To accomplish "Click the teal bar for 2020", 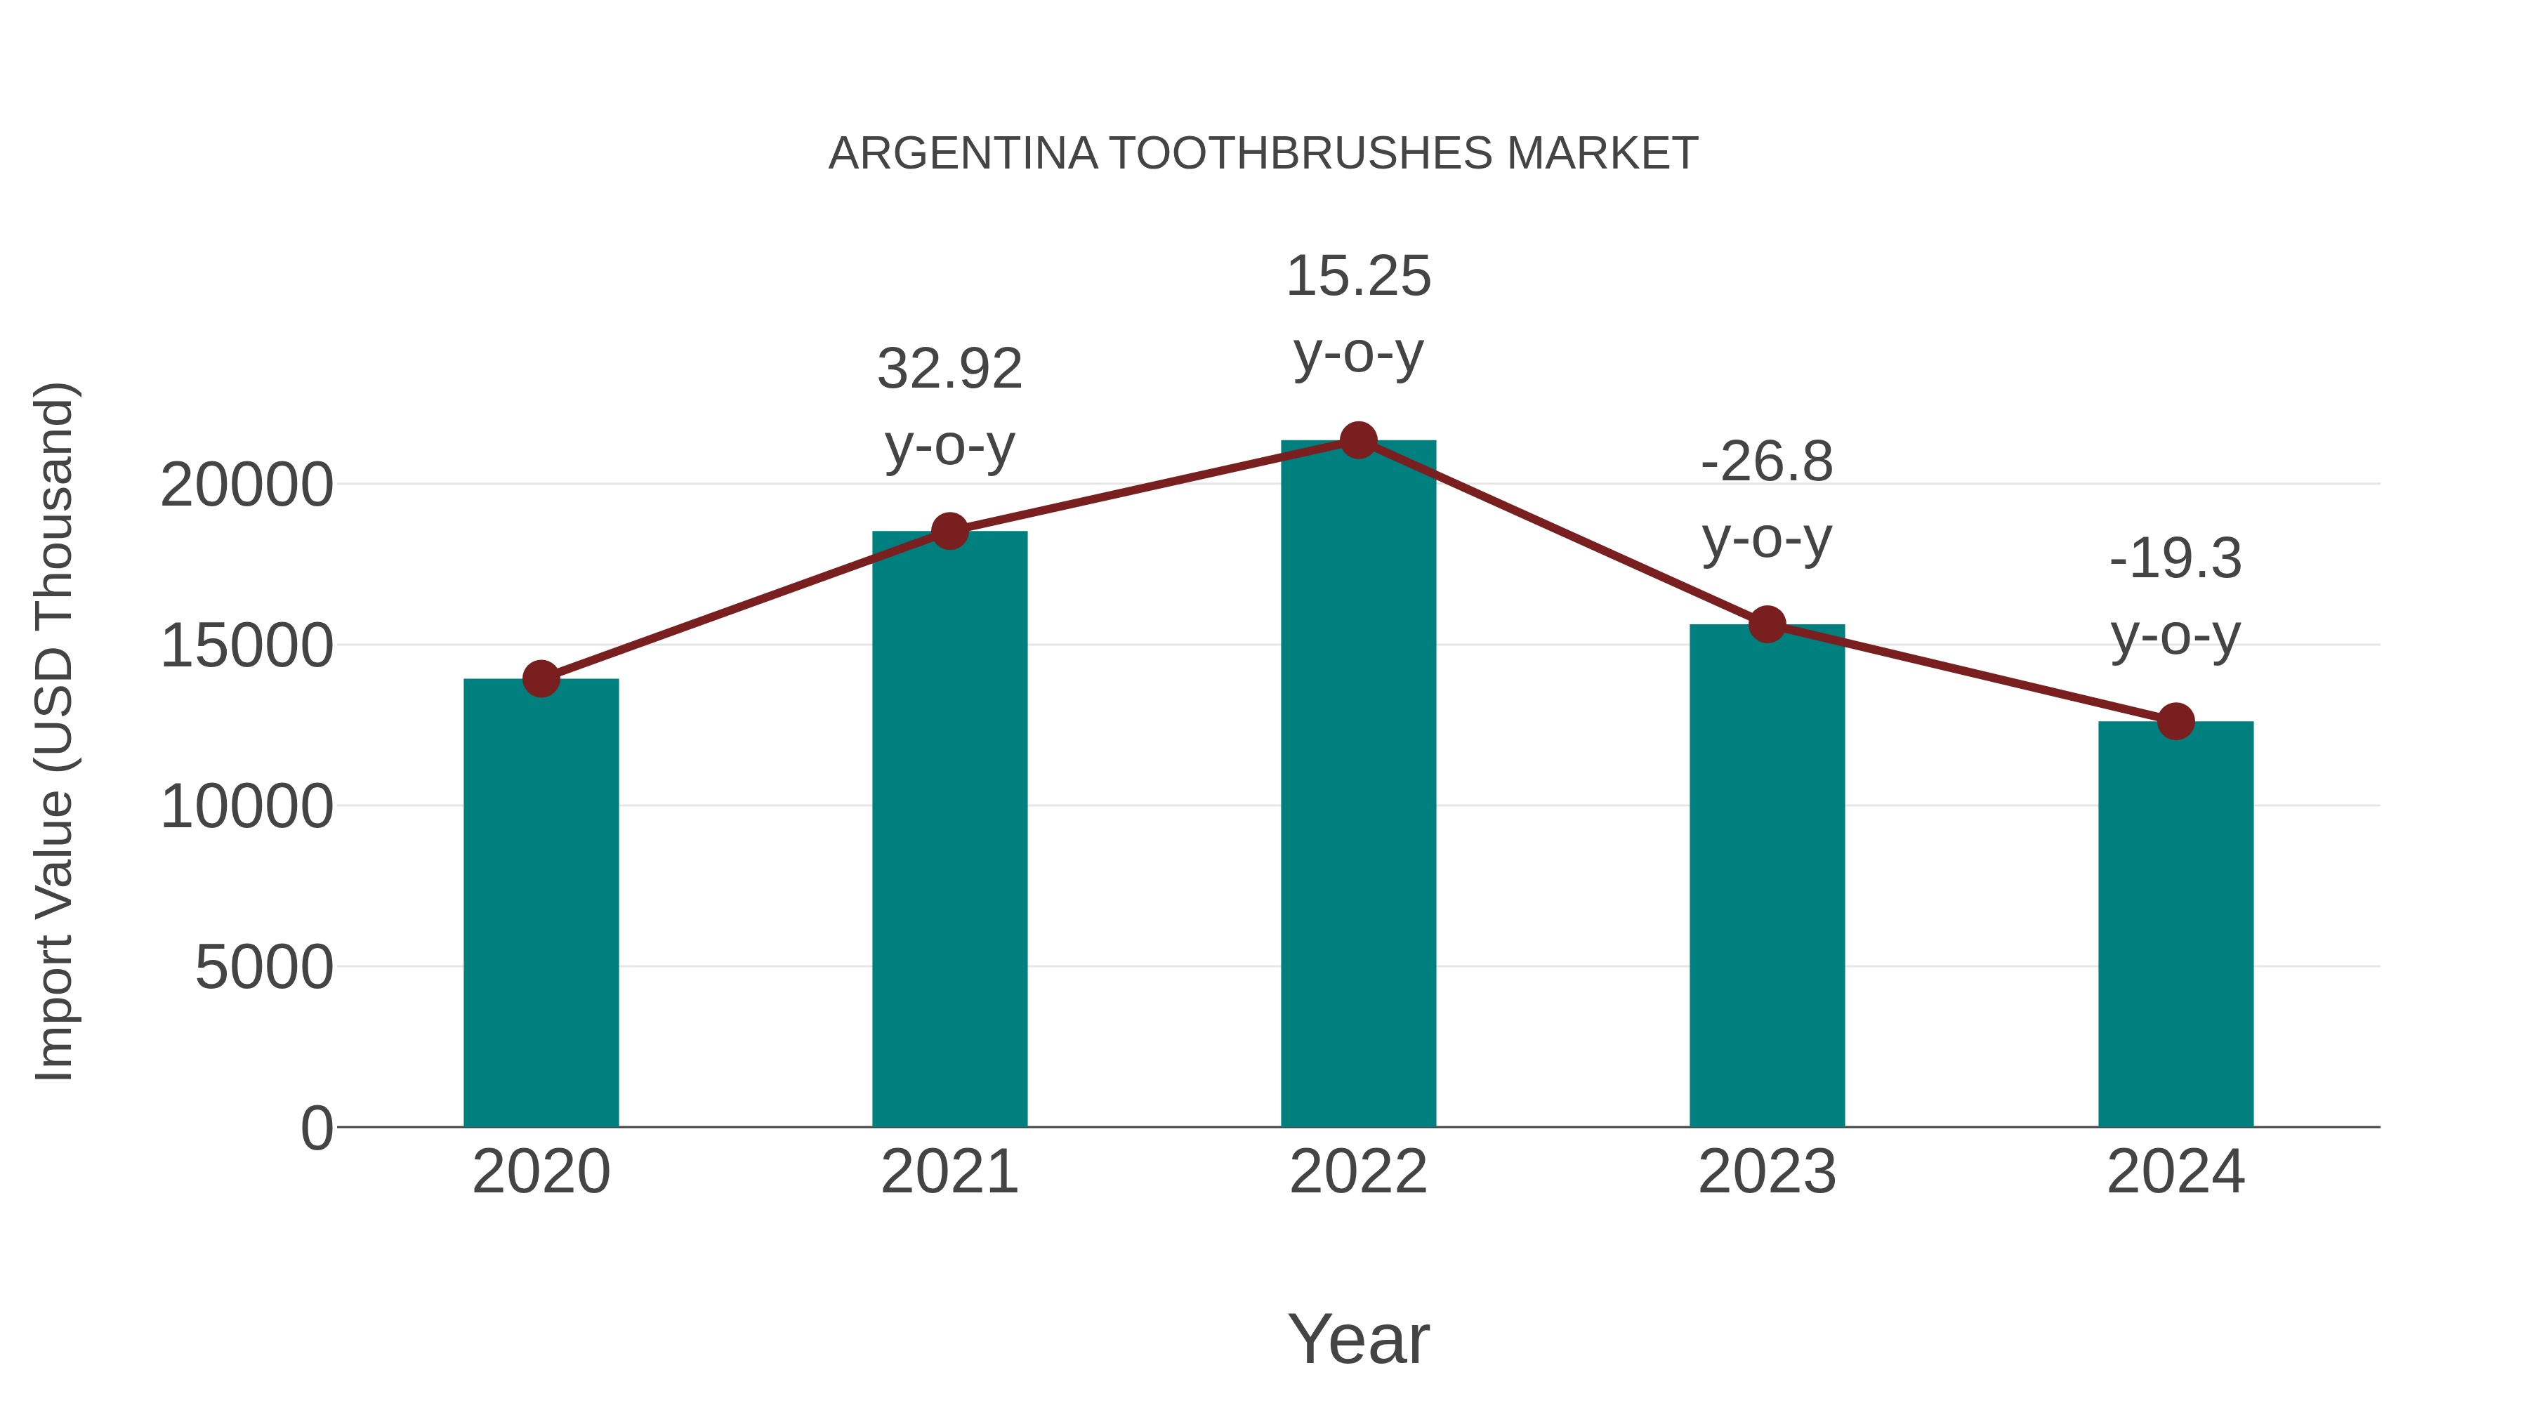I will [x=541, y=903].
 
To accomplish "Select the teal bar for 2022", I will [x=1358, y=785].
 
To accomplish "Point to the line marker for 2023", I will [x=1767, y=624].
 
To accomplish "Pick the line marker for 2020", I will [x=541, y=678].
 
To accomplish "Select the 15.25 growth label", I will [x=1358, y=314].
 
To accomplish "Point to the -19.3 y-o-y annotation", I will [x=2175, y=597].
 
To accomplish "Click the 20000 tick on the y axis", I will [x=246, y=485].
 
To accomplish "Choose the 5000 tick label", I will [x=264, y=968].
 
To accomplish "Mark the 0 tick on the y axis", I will [x=316, y=1128].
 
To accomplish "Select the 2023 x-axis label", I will [x=1767, y=1172].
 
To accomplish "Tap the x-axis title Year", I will [x=1358, y=1338].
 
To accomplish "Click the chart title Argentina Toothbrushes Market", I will [x=1263, y=154].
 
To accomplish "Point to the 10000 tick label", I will [x=246, y=807].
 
